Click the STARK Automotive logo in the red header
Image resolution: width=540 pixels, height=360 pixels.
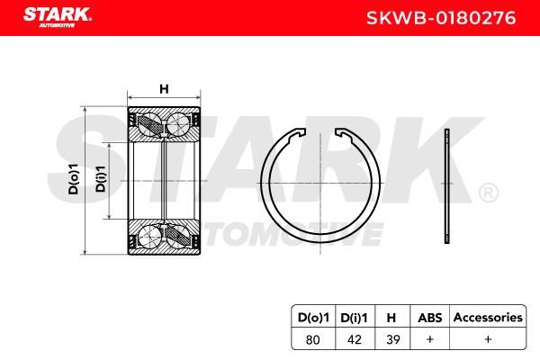coord(58,17)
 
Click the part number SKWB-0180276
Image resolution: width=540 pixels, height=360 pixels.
coord(441,18)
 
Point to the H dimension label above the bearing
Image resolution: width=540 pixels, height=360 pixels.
coord(165,89)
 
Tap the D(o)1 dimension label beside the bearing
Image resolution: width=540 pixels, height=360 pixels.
coord(74,179)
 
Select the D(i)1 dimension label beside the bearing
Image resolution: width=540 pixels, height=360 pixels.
coord(101,178)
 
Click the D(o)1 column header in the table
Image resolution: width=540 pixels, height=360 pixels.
coord(313,318)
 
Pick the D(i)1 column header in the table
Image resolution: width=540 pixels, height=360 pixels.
coord(354,318)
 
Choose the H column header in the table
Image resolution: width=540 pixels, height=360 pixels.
coord(391,318)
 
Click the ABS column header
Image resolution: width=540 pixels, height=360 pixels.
coord(430,318)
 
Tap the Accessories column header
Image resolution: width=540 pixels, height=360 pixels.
coord(488,318)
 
